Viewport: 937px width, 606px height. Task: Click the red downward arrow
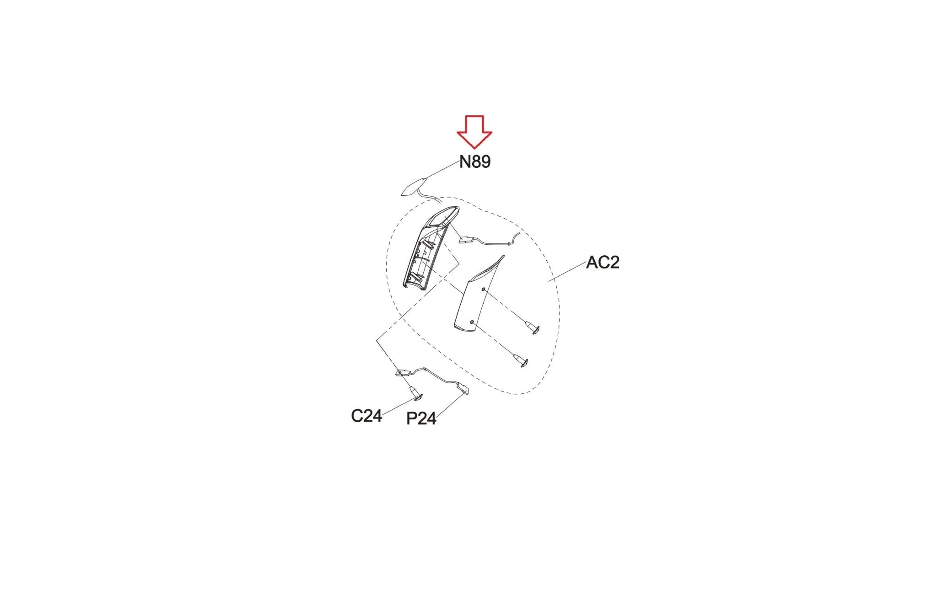474,132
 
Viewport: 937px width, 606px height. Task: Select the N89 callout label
475,161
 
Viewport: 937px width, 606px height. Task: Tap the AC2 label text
603,262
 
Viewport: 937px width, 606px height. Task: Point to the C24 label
366,416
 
